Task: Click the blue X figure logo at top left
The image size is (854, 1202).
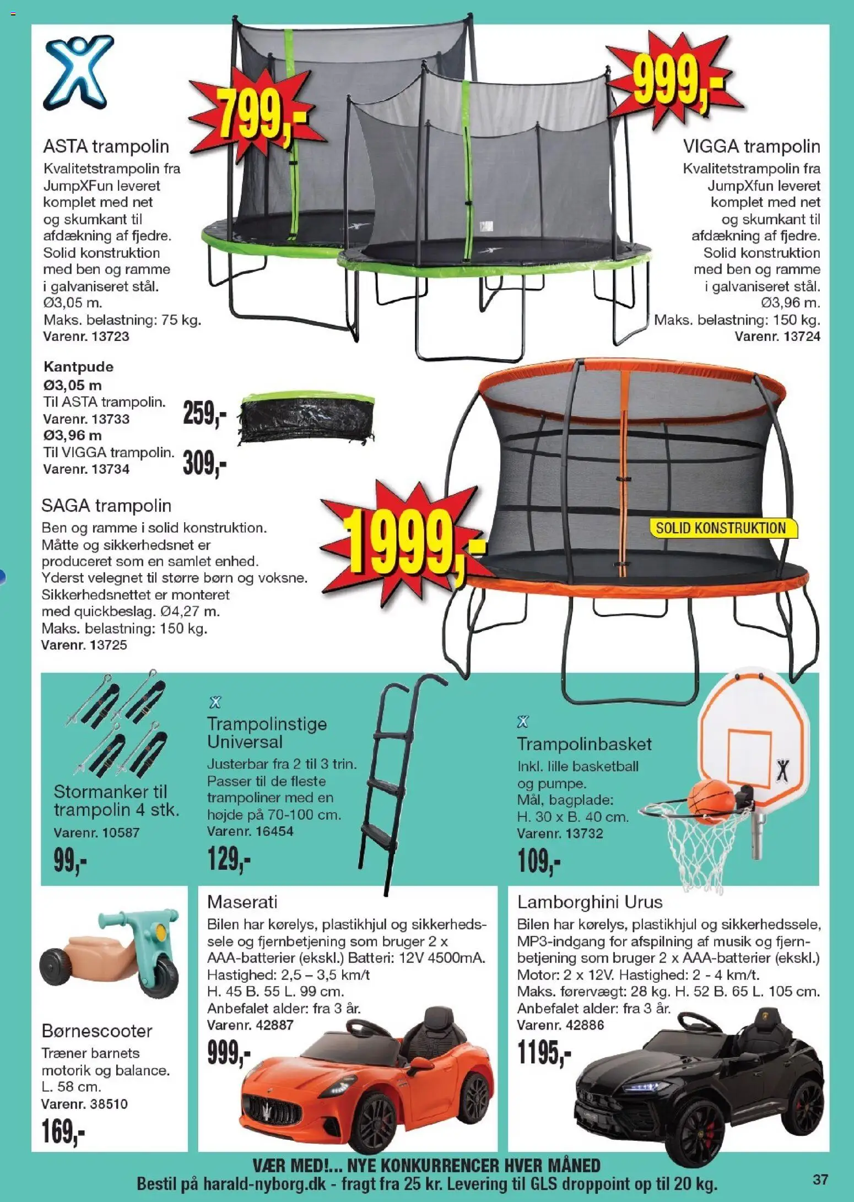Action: tap(78, 72)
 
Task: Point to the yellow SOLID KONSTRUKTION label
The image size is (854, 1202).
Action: tap(721, 528)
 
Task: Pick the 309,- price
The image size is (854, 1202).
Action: tap(204, 464)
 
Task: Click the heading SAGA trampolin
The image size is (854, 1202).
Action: tap(106, 505)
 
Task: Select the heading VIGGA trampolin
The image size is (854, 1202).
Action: tap(752, 147)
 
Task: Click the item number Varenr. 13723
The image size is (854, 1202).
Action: tap(86, 336)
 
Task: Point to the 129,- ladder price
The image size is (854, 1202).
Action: tap(229, 858)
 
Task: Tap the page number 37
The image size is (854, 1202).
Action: tap(820, 1179)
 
